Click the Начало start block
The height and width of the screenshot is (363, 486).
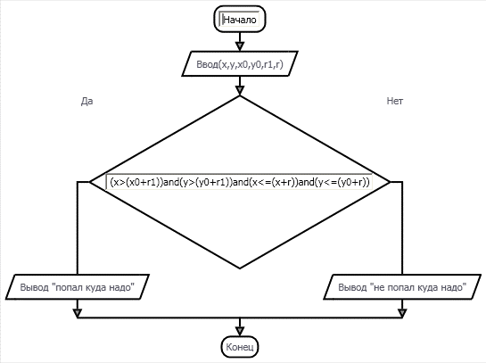click(x=240, y=20)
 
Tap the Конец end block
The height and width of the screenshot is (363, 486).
click(x=240, y=347)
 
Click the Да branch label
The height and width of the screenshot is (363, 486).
click(x=86, y=101)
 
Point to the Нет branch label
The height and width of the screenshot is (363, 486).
click(x=394, y=101)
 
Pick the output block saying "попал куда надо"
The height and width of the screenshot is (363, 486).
click(x=78, y=287)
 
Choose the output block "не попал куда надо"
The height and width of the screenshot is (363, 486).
click(x=402, y=287)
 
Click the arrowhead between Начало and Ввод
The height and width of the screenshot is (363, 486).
click(x=240, y=46)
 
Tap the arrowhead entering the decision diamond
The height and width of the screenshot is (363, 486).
click(x=240, y=90)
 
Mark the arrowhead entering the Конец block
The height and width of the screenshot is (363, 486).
click(x=240, y=331)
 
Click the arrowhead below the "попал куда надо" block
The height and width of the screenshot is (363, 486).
click(x=78, y=313)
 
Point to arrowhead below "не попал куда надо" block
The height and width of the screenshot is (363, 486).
click(x=402, y=313)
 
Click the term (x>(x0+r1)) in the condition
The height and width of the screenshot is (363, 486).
click(x=136, y=182)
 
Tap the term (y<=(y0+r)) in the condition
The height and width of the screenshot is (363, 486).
click(x=342, y=182)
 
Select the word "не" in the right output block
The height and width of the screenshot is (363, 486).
click(x=379, y=288)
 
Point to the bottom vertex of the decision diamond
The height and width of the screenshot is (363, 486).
click(x=240, y=268)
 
